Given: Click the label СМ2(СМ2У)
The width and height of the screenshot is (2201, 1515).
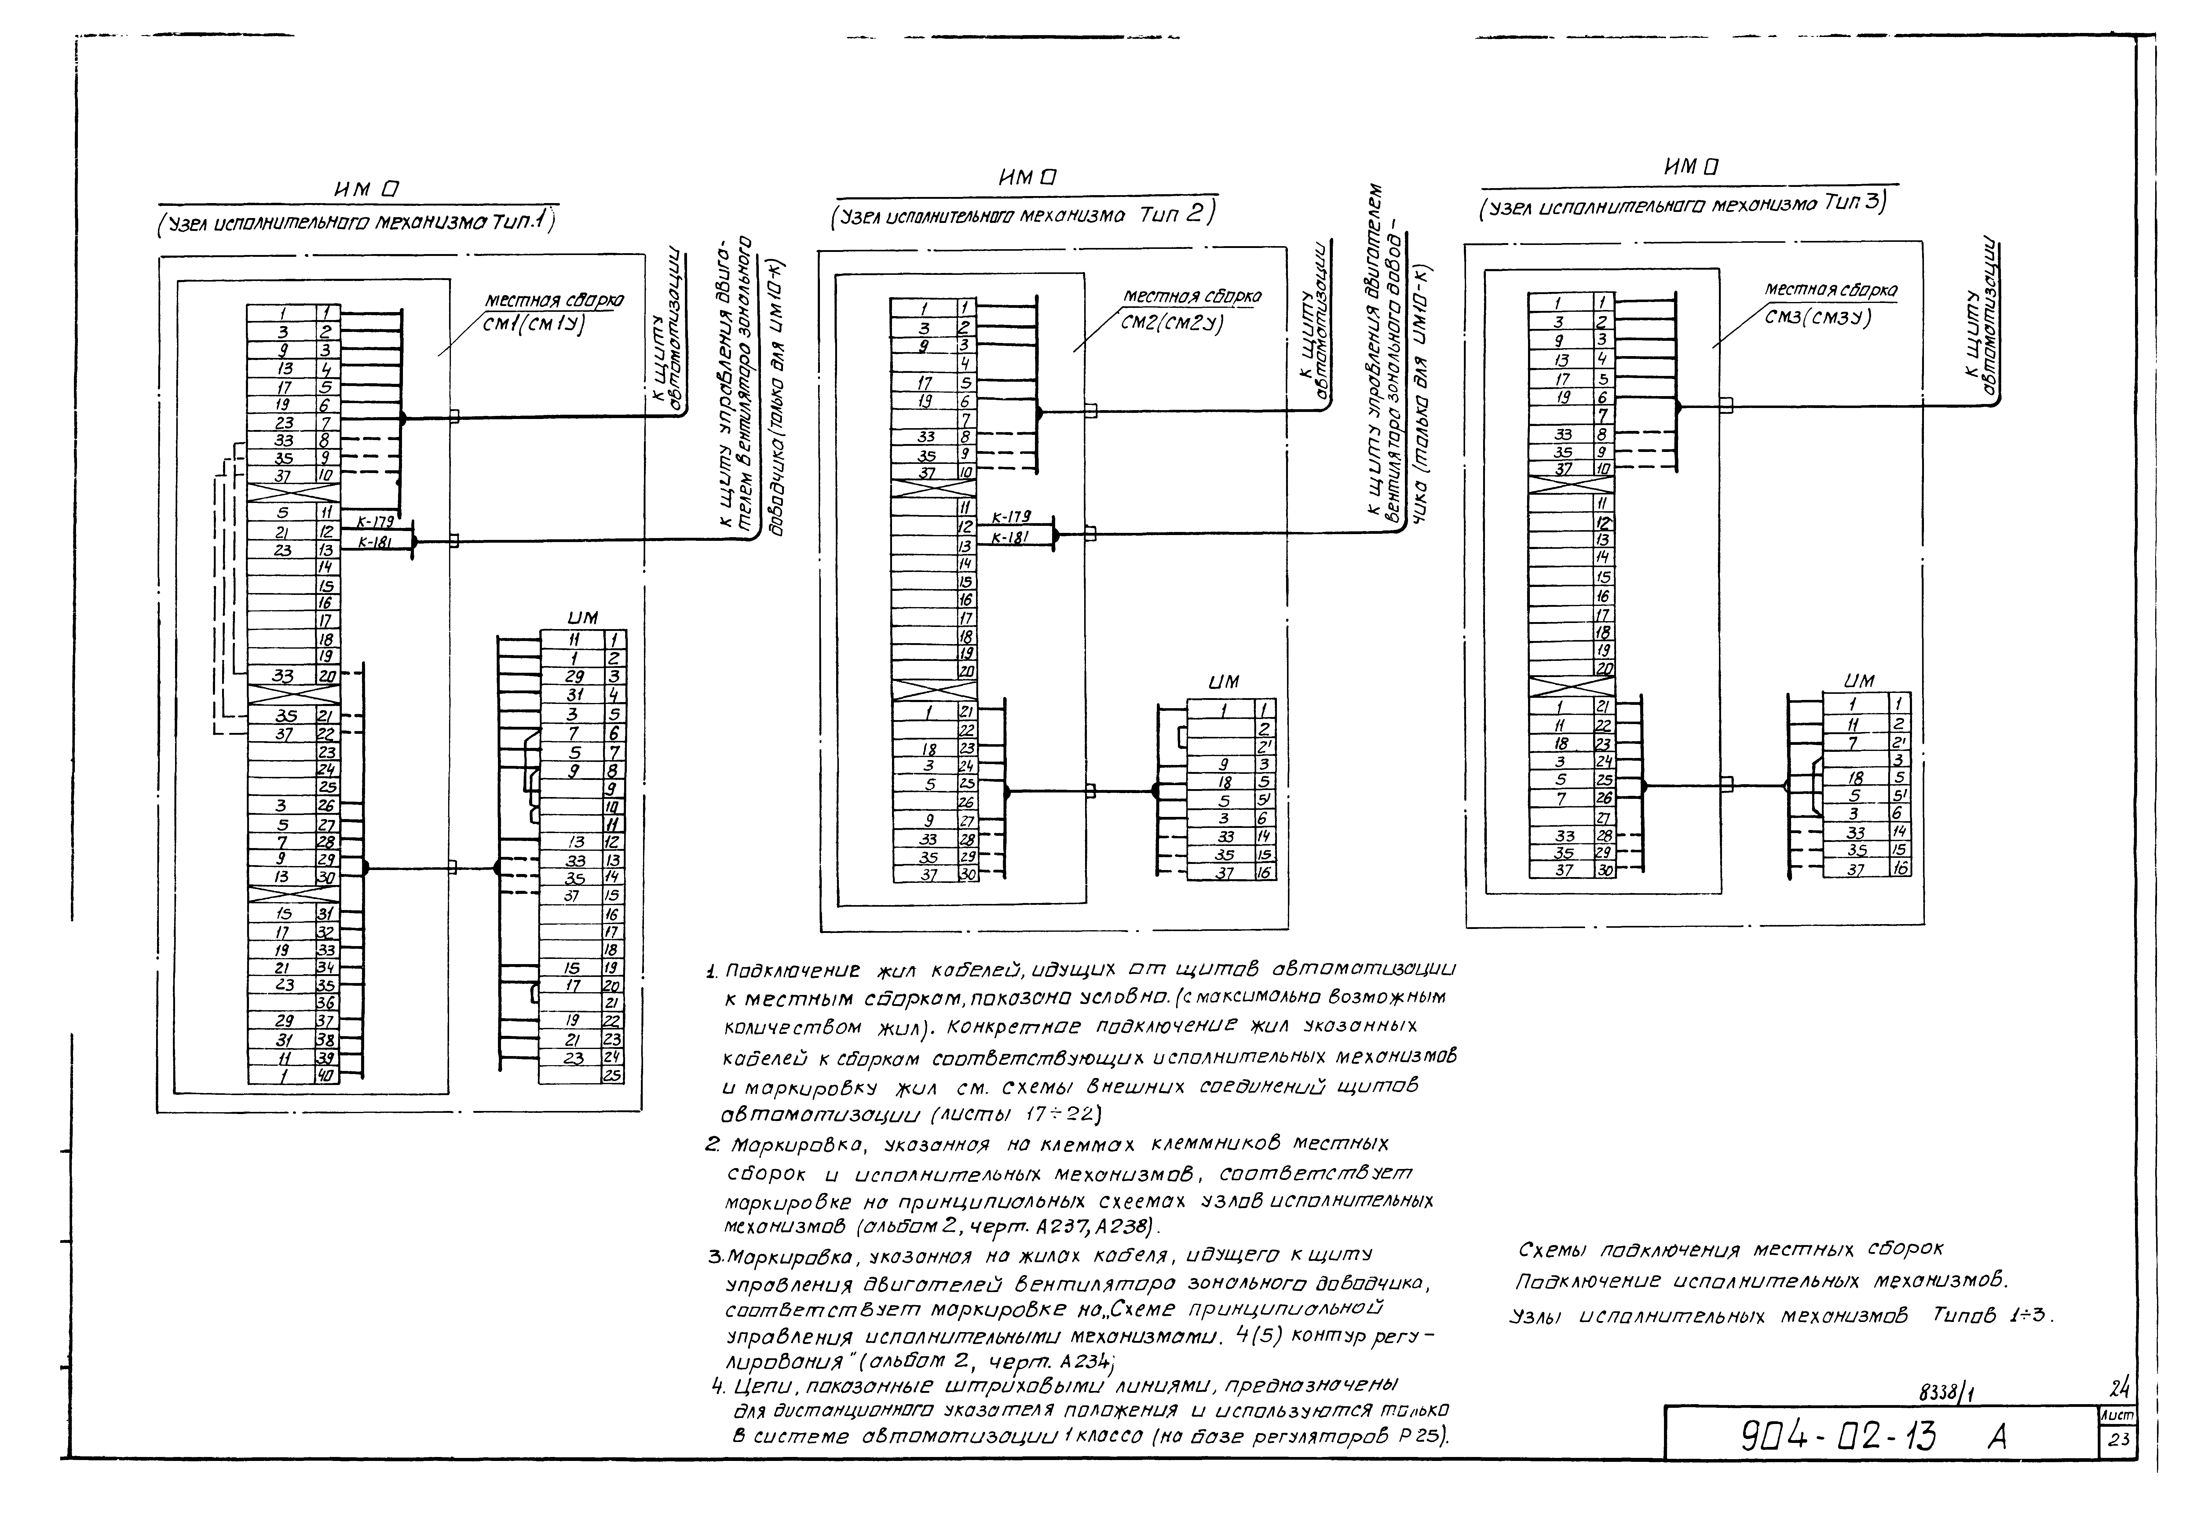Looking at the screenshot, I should point(1172,322).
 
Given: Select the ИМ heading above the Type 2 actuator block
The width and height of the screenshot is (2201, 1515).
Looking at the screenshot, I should point(1224,683).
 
